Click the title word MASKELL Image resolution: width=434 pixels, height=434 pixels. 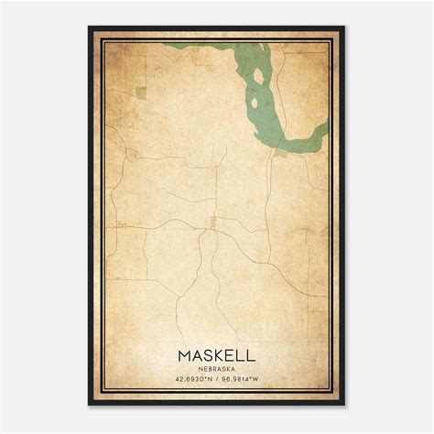coord(216,353)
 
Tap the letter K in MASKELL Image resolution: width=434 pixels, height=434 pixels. coord(216,353)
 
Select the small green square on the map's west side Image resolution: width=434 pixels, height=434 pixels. coord(142,91)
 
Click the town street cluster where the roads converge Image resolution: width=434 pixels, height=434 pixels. coord(212,222)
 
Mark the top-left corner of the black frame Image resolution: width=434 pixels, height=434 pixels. coord(90,28)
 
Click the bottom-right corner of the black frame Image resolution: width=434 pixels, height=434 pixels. coord(344,406)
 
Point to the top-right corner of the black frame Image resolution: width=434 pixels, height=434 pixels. coord(344,28)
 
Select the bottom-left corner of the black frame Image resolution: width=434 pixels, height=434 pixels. coord(90,406)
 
